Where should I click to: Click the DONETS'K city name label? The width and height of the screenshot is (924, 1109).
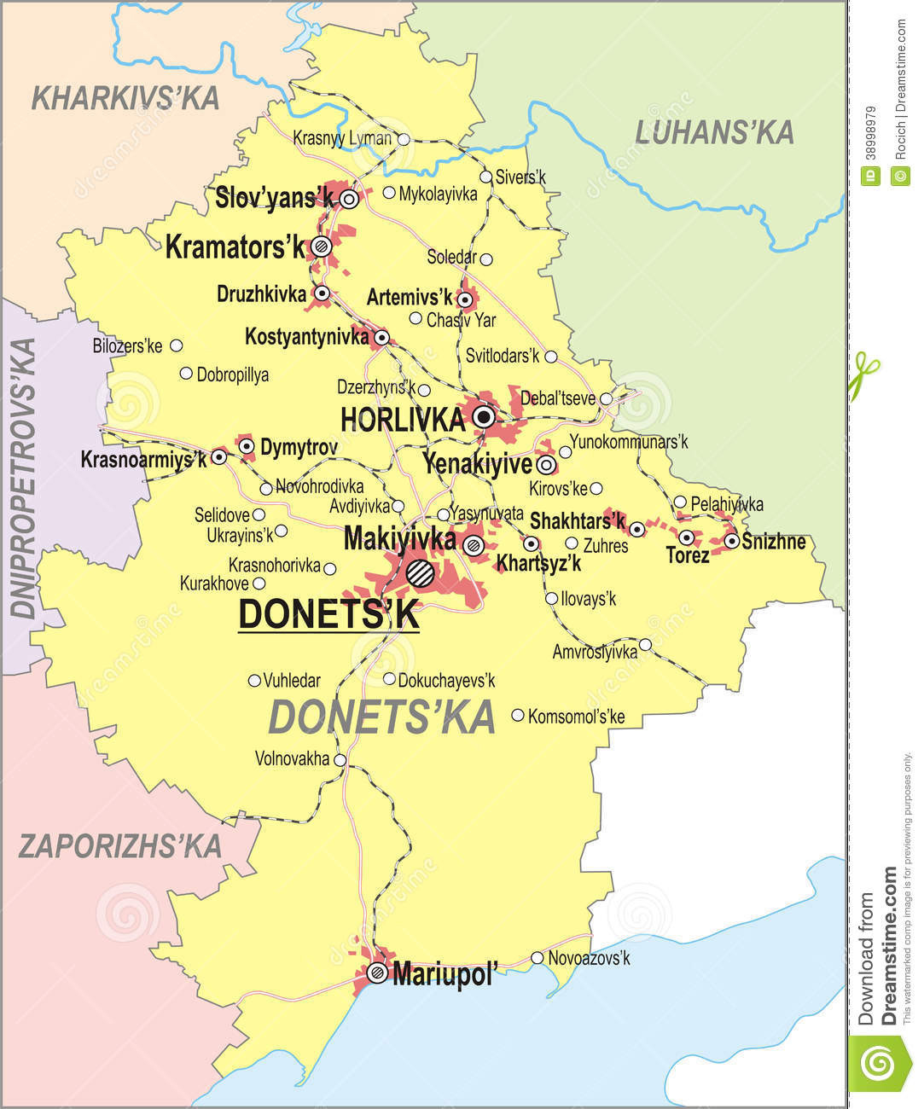point(328,614)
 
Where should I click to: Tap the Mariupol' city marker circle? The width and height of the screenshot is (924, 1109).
point(377,972)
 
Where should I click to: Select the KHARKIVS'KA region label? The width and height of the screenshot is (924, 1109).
point(125,98)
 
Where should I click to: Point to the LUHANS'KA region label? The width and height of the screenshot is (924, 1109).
point(714,132)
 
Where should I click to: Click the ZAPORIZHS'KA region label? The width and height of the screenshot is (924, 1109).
point(120,845)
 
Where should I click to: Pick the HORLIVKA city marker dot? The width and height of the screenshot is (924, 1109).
point(484,417)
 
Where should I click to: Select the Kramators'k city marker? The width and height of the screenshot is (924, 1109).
point(321,247)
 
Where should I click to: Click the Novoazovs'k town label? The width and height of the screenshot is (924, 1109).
point(589,958)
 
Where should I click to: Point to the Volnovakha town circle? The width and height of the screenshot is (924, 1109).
point(340,759)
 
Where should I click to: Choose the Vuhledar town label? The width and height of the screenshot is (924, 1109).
point(292,681)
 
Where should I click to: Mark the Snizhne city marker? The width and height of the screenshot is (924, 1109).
point(731,541)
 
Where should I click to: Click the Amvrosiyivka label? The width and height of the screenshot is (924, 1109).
point(595,652)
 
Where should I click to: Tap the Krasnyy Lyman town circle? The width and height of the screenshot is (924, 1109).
point(404,139)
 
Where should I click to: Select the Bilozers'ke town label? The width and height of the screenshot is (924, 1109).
point(127,346)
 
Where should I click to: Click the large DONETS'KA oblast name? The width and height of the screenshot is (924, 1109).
point(381,717)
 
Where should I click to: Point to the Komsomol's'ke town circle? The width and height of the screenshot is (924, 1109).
point(518,716)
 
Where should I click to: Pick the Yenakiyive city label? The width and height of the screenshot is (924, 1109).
point(478,465)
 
